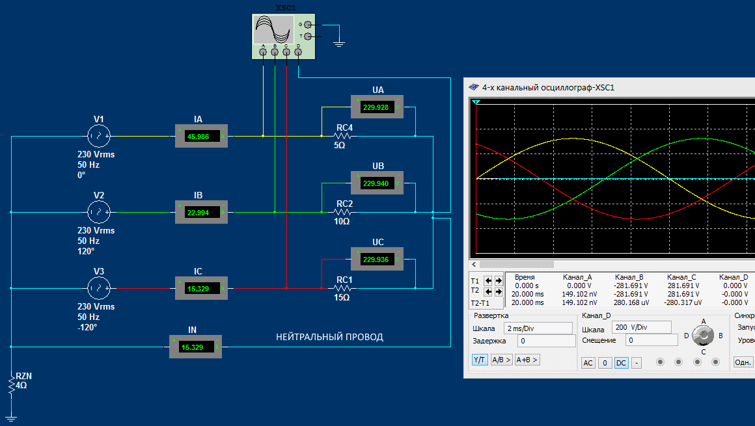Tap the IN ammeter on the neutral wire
point(195,347)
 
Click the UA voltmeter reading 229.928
point(377,107)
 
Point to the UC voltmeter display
point(377,260)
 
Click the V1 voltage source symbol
point(99,136)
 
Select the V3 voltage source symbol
point(99,287)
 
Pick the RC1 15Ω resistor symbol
point(343,288)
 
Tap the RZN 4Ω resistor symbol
point(11,385)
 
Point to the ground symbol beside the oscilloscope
point(338,44)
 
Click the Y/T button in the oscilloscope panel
point(480,360)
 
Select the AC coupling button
point(588,363)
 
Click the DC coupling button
point(621,363)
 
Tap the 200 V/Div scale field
point(641,327)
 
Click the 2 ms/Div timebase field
point(532,328)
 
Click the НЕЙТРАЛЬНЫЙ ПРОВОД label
point(329,337)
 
